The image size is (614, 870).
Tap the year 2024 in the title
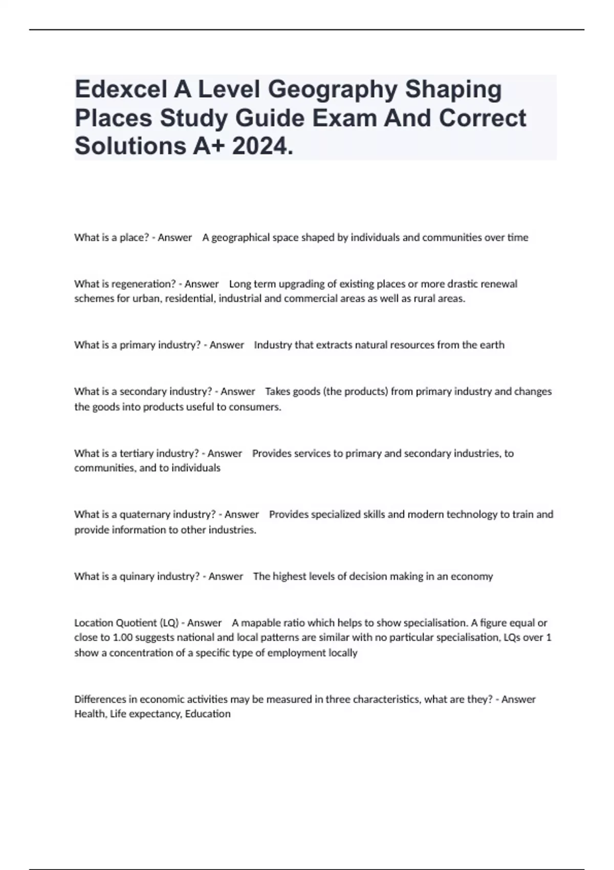[x=262, y=146]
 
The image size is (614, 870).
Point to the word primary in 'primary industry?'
[x=138, y=345]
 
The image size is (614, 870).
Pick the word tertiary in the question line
[x=136, y=453]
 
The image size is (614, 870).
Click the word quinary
[x=137, y=577]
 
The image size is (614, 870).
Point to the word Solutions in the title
[x=130, y=146]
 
